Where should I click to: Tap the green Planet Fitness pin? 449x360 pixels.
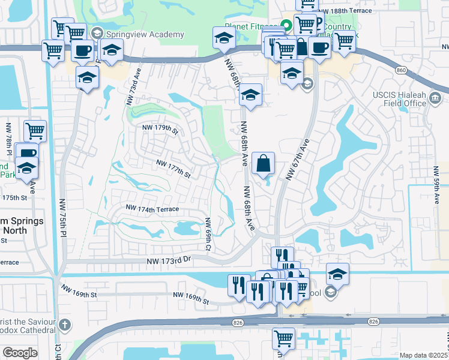tap(287, 26)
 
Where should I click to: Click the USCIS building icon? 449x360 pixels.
tap(436, 98)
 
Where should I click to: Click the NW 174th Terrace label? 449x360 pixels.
tap(152, 208)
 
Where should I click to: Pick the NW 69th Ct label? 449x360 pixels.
tap(208, 234)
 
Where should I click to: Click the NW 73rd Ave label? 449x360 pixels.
tap(134, 87)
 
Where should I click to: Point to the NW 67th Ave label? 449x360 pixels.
tap(298, 160)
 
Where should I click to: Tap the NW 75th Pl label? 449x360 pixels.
tap(62, 217)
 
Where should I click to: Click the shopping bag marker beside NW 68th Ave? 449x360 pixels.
tap(264, 163)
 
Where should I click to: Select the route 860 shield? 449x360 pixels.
tap(401, 70)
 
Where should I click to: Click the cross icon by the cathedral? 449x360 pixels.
tap(65, 325)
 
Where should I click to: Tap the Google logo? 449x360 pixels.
tap(20, 353)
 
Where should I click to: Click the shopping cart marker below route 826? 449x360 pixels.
tap(283, 338)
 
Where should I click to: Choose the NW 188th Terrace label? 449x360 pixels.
tap(348, 11)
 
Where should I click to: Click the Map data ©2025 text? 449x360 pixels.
tap(424, 355)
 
